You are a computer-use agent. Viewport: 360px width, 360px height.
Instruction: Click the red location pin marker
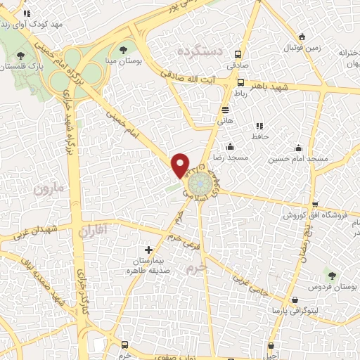pos(181,165)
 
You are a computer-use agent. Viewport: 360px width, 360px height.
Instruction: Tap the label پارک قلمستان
pos(20,66)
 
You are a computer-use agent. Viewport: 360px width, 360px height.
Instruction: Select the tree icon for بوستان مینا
pos(124,49)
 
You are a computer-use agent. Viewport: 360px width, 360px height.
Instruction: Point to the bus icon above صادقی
pos(238,54)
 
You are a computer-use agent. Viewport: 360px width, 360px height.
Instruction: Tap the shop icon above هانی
pos(225,110)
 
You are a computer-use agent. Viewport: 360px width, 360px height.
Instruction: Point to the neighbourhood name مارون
pos(48,189)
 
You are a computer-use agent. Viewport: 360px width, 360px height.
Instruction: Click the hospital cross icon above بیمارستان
pos(148,250)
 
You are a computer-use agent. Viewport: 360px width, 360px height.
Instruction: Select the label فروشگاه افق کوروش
pos(307,215)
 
